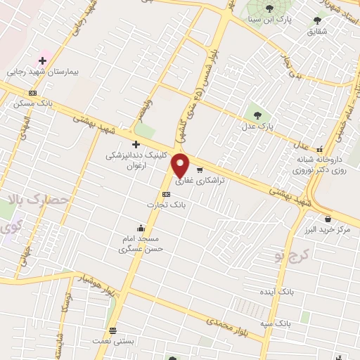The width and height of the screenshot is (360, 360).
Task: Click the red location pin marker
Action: pyautogui.click(x=181, y=165)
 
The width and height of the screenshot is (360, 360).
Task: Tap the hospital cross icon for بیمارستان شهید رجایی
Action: pyautogui.click(x=43, y=61)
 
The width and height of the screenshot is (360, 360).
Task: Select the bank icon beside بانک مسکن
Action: pyautogui.click(x=33, y=93)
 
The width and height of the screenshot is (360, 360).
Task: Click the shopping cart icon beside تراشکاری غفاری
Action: pyautogui.click(x=200, y=169)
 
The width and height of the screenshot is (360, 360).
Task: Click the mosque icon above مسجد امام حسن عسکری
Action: pyautogui.click(x=141, y=228)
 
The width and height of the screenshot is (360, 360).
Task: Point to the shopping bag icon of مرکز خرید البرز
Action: pyautogui.click(x=328, y=219)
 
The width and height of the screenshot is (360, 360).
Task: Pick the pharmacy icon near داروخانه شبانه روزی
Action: pyautogui.click(x=321, y=149)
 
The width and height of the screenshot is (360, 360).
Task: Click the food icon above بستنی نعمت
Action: pyautogui.click(x=112, y=330)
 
